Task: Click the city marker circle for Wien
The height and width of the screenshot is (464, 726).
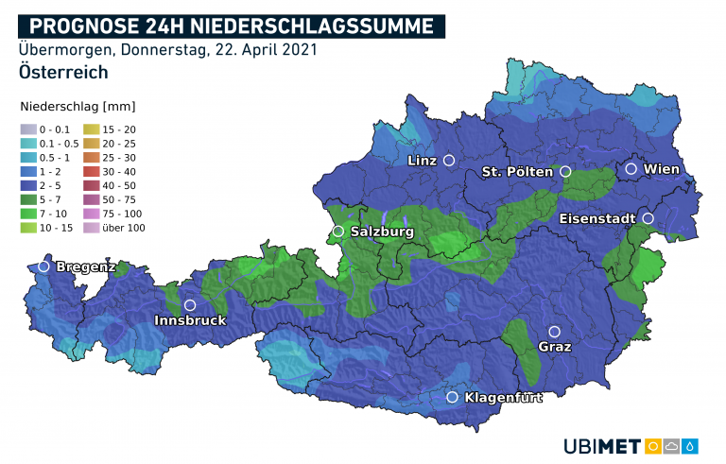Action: point(631,169)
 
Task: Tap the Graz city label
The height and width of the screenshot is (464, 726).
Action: point(555,347)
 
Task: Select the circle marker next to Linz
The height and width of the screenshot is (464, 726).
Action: point(449,161)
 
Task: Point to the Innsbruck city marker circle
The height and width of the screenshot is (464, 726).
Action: point(190,305)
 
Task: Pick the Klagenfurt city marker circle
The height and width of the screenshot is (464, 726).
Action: point(453,398)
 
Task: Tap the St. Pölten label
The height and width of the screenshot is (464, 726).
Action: point(517,172)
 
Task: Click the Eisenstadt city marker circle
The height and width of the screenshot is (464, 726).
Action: point(648,218)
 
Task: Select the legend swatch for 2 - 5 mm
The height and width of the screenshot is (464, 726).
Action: point(28,186)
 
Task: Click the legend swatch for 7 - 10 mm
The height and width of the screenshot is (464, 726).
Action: point(28,215)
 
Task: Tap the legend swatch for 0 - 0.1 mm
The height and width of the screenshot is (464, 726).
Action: point(28,129)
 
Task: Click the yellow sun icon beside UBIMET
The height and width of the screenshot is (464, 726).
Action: point(653,445)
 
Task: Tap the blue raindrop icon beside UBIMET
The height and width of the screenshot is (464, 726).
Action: point(691,445)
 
